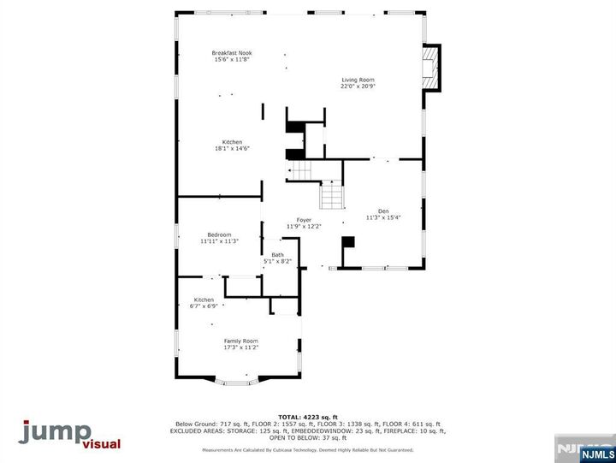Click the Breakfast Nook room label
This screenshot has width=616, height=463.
click(232, 53)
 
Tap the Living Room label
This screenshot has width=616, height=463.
click(358, 80)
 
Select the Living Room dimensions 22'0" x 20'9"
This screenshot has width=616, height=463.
click(358, 86)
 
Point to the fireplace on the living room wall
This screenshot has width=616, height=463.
click(433, 67)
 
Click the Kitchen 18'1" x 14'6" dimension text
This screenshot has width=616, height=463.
click(232, 149)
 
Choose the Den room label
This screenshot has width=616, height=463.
click(383, 211)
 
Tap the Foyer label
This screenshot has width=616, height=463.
click(304, 220)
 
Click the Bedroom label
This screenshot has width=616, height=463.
click(219, 234)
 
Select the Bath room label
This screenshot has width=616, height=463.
click(278, 254)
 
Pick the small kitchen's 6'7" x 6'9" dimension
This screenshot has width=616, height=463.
click(204, 306)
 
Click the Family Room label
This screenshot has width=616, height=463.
click(241, 341)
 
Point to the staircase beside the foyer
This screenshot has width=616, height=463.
click(331, 199)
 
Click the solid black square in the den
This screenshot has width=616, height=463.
click(347, 242)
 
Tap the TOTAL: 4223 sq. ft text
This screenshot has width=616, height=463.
click(307, 417)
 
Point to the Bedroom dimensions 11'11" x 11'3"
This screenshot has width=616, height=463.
click(219, 241)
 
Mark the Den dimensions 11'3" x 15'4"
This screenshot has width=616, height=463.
click(383, 217)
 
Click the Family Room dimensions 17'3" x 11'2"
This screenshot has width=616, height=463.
click(241, 347)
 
